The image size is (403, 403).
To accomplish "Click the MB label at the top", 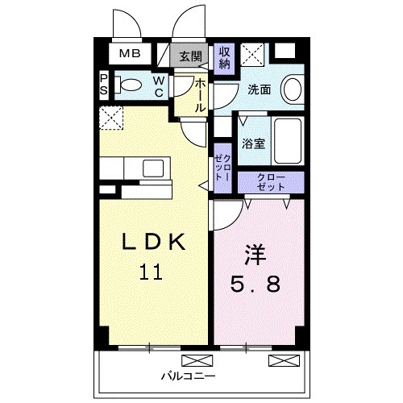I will pos(130,55).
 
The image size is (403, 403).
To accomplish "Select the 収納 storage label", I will pos(225,57).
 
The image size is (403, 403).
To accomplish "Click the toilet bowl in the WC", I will pos(130,83).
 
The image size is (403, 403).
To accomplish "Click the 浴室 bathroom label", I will pos(254,144).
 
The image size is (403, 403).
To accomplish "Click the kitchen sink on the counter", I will pos(154,168).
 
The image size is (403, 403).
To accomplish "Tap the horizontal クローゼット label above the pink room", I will pos(271,182).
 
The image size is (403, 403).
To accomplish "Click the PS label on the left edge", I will pos(104,84).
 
